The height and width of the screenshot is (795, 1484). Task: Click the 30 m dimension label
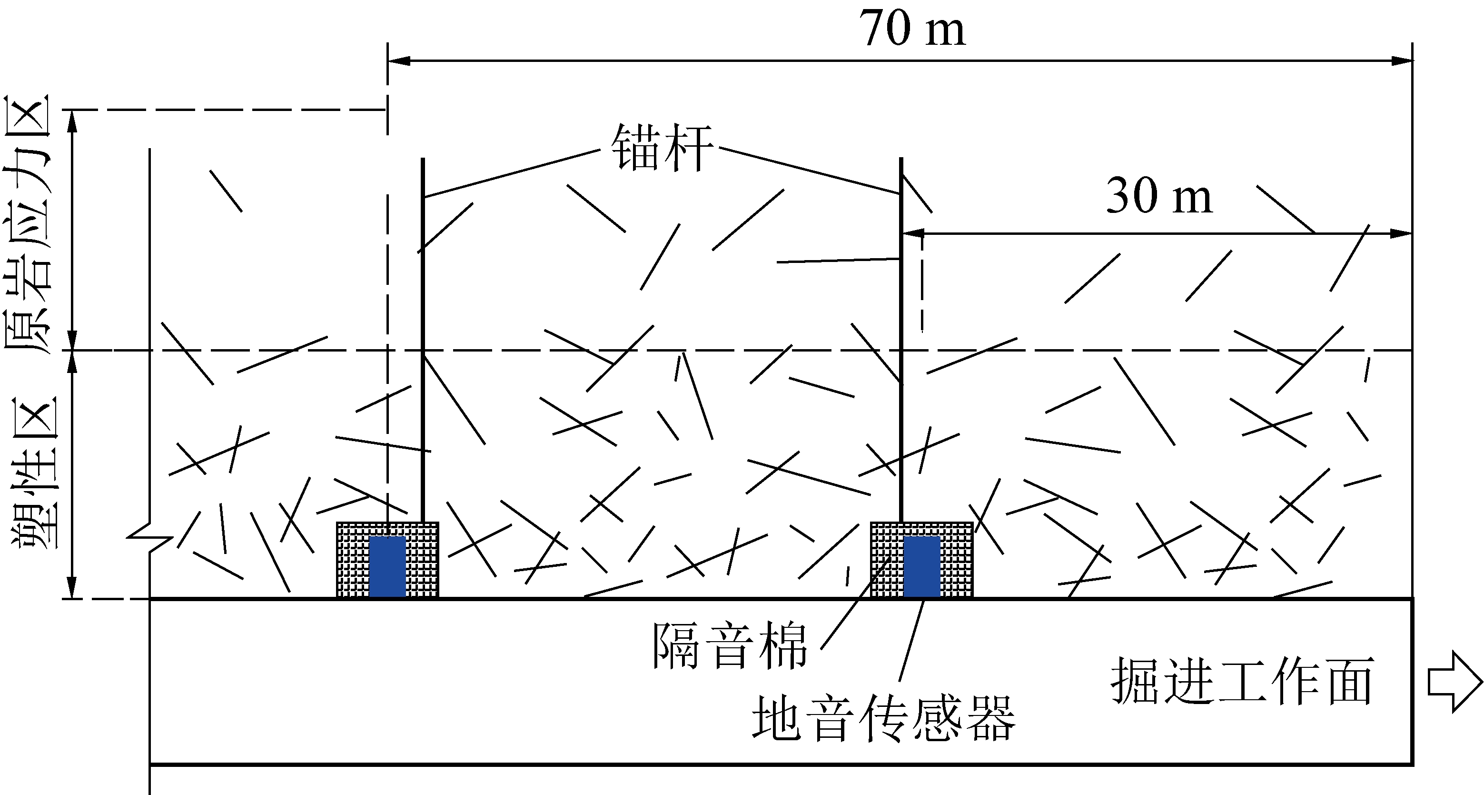pos(1159,196)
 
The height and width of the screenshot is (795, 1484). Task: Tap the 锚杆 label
pos(662,148)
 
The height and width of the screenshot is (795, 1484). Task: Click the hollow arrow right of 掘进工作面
pos(1454,682)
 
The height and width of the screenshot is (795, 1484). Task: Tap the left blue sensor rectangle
pos(387,567)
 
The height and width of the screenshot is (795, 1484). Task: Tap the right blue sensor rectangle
pos(922,567)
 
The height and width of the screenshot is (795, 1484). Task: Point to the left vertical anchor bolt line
pos(423,340)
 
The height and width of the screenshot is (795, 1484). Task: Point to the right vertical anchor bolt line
pos(901,340)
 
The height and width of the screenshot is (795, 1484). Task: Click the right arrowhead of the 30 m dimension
pos(1402,233)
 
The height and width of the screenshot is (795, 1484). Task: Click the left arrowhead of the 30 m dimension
pos(913,233)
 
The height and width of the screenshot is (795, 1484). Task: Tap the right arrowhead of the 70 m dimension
pos(1402,60)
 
